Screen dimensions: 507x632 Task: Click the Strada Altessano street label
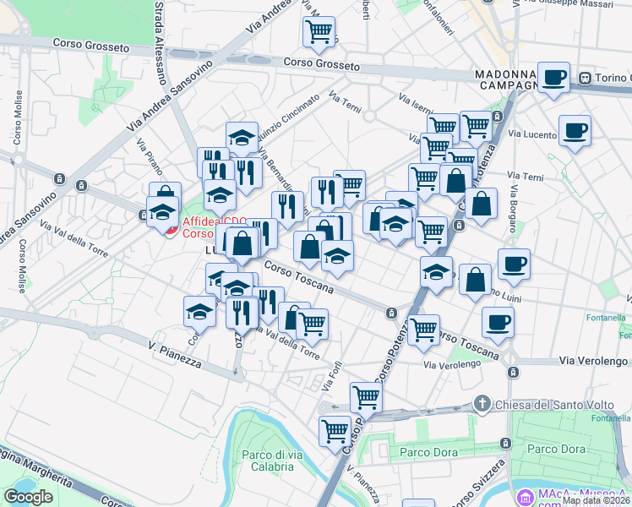pyautogui.click(x=159, y=42)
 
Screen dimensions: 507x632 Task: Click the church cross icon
pyautogui.click(x=482, y=402)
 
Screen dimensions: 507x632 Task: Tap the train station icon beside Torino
pyautogui.click(x=584, y=79)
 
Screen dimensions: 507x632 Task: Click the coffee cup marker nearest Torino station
pyautogui.click(x=554, y=78)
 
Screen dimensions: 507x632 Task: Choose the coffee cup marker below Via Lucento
pyautogui.click(x=575, y=130)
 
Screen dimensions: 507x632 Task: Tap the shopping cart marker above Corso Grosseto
pyautogui.click(x=319, y=32)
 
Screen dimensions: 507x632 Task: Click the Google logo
pyautogui.click(x=28, y=497)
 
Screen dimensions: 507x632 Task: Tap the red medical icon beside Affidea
pyautogui.click(x=172, y=230)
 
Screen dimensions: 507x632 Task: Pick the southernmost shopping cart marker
pyautogui.click(x=335, y=430)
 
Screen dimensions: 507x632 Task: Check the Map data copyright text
pyautogui.click(x=597, y=500)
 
